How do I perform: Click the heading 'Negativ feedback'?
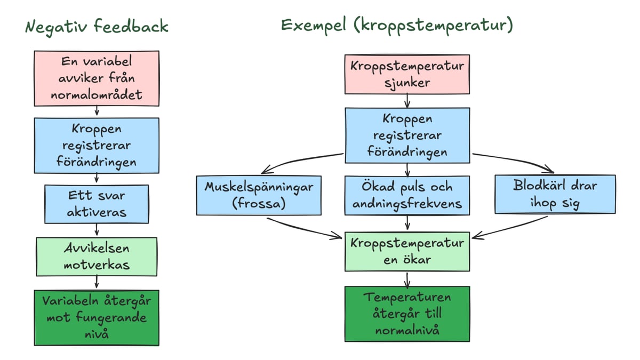[x=97, y=27]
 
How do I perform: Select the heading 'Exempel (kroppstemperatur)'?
[x=397, y=26]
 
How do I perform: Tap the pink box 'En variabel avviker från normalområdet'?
[x=97, y=78]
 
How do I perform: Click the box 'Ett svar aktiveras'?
[x=97, y=204]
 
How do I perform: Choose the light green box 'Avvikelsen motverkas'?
[x=97, y=257]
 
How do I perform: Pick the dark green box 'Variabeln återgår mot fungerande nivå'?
[x=97, y=317]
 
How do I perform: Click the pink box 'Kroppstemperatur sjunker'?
[x=407, y=75]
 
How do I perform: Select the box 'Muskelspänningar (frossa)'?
[x=259, y=195]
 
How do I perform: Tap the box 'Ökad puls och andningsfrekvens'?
[x=407, y=195]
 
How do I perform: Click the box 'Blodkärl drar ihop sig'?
[x=555, y=194]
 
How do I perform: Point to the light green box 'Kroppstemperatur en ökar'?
[x=407, y=251]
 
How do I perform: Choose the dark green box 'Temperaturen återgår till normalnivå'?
[x=407, y=314]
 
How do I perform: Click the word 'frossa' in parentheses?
[x=259, y=203]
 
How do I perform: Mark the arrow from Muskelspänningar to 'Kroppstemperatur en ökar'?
[x=304, y=227]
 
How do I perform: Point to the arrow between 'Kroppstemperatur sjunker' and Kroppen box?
[x=407, y=101]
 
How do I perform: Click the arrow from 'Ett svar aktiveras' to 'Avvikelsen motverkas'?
[x=97, y=230]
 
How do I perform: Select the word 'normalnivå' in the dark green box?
[x=407, y=330]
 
